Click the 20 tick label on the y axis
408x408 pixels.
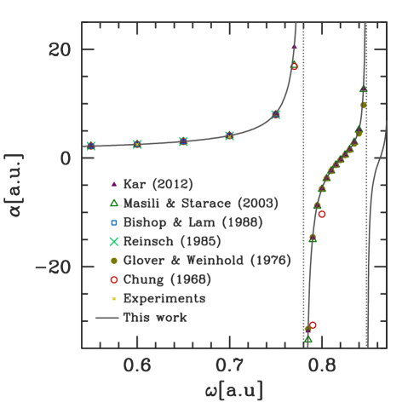pyautogui.click(x=59, y=49)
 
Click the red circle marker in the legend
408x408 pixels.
pyautogui.click(x=113, y=279)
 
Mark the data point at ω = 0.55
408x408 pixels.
pyautogui.click(x=92, y=147)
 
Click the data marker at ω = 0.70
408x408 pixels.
pyautogui.click(x=230, y=135)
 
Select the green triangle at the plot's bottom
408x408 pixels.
pyautogui.click(x=308, y=339)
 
